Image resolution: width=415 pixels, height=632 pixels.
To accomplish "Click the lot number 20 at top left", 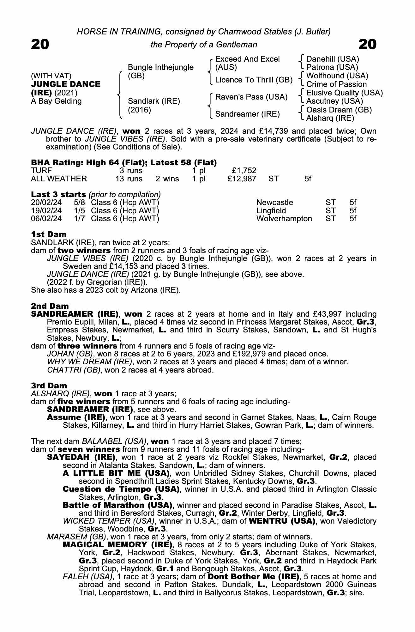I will click(x=40, y=44).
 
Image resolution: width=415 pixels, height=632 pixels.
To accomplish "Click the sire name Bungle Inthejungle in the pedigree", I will click(x=160, y=67).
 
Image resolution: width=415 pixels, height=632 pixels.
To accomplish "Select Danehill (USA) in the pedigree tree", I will click(x=333, y=59).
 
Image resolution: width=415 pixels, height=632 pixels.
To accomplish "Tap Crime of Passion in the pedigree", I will click(x=336, y=84).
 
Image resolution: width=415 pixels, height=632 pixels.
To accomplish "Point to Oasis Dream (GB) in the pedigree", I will click(x=339, y=110).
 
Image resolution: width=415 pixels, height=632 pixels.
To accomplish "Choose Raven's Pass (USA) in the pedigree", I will click(x=251, y=97).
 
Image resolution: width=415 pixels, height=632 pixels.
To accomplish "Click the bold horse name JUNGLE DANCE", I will click(x=66, y=84).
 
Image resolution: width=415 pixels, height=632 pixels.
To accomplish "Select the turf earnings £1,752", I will click(x=244, y=171).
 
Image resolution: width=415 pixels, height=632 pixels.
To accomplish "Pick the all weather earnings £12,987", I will click(x=242, y=179).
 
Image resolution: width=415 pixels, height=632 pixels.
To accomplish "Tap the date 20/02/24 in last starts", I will click(x=46, y=203).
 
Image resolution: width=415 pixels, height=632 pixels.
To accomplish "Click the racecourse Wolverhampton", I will click(x=284, y=219).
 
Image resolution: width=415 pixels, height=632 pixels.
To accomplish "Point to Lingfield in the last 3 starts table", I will click(x=271, y=211).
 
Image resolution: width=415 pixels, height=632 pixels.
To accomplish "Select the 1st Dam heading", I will click(x=49, y=234).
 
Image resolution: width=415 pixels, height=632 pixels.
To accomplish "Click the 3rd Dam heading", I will click(x=49, y=386).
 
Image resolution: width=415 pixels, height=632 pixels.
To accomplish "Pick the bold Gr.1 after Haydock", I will click(x=166, y=569).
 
